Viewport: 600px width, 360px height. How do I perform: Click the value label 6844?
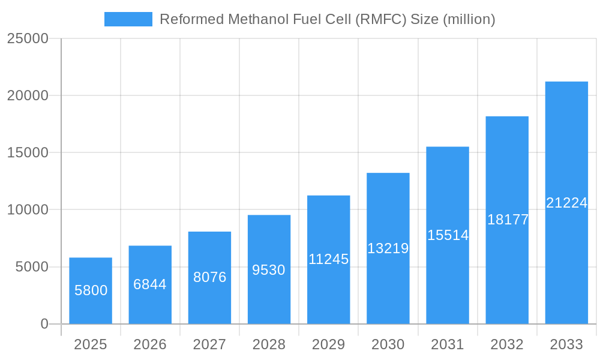click(x=150, y=284)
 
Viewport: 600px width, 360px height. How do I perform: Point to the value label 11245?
click(x=328, y=259)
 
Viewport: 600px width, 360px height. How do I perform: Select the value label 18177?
click(x=508, y=220)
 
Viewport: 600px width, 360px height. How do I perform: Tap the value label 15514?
click(x=448, y=235)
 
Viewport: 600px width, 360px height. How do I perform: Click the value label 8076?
click(x=209, y=277)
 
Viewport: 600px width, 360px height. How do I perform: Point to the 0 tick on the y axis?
click(x=44, y=324)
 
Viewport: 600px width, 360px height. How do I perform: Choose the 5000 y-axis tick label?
click(x=31, y=267)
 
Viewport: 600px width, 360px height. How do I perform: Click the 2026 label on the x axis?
click(x=150, y=344)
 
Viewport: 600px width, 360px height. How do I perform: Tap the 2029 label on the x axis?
click(x=328, y=344)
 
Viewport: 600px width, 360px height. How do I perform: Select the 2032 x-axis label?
click(x=507, y=344)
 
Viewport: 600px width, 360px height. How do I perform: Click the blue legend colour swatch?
click(x=128, y=19)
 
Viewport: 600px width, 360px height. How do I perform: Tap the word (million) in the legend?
click(x=469, y=19)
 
